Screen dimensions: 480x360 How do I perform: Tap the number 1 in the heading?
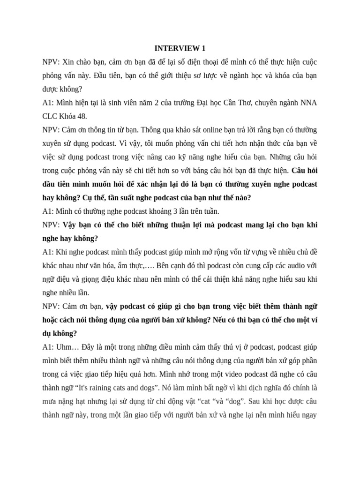[203, 48]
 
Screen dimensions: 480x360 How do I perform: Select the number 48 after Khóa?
[82, 116]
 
